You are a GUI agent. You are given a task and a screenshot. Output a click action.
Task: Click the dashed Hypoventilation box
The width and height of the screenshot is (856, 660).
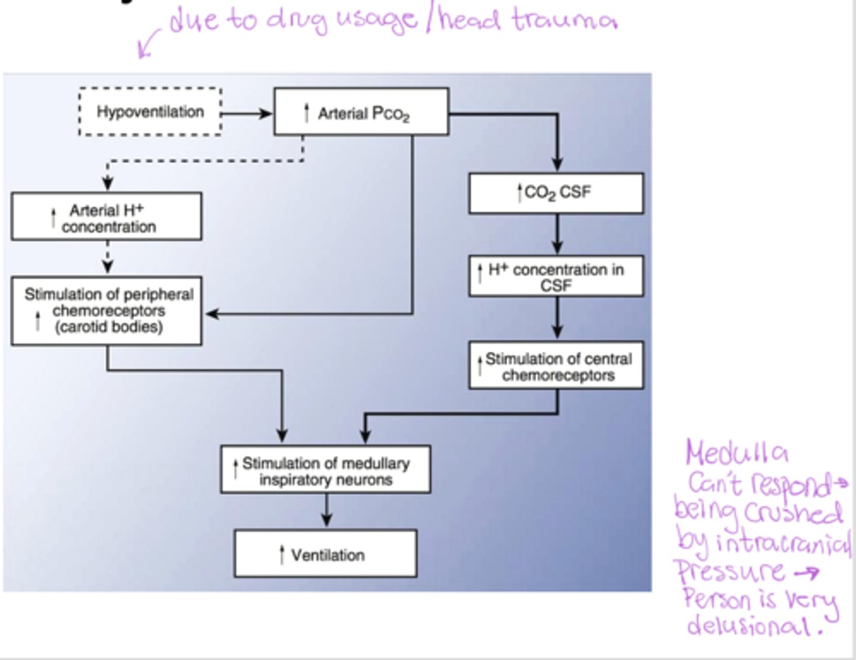pyautogui.click(x=150, y=112)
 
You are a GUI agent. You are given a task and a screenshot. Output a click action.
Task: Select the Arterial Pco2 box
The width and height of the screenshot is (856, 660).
pyautogui.click(x=361, y=112)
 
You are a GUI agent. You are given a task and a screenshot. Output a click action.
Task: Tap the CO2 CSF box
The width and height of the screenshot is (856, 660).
pyautogui.click(x=556, y=193)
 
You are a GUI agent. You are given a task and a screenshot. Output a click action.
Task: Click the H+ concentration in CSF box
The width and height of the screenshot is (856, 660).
pyautogui.click(x=556, y=276)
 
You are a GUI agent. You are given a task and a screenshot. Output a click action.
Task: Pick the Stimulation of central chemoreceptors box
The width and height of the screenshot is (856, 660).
pyautogui.click(x=556, y=366)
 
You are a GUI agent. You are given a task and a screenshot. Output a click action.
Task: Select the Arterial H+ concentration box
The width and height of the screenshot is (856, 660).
pyautogui.click(x=106, y=217)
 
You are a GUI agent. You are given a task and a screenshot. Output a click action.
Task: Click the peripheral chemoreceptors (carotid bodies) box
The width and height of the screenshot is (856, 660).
pyautogui.click(x=106, y=311)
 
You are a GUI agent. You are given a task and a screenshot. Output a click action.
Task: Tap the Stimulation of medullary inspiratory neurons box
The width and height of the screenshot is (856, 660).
pyautogui.click(x=325, y=470)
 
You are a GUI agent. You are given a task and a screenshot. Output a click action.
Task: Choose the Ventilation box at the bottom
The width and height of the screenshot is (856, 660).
pyautogui.click(x=325, y=554)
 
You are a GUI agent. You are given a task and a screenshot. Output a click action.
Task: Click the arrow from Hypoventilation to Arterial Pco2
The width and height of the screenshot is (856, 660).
pyautogui.click(x=247, y=113)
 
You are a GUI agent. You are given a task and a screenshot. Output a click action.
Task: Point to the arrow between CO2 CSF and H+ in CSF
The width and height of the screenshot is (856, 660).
pyautogui.click(x=557, y=234)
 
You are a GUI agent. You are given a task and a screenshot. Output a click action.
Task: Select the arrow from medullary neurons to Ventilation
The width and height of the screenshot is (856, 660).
pyautogui.click(x=326, y=510)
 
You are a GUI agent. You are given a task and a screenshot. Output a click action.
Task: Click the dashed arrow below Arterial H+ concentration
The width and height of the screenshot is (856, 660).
pyautogui.click(x=108, y=257)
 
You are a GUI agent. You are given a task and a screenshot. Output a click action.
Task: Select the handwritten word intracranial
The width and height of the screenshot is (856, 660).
pyautogui.click(x=783, y=542)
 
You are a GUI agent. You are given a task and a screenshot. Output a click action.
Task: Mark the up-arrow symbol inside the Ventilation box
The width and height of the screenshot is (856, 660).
pyautogui.click(x=282, y=555)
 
